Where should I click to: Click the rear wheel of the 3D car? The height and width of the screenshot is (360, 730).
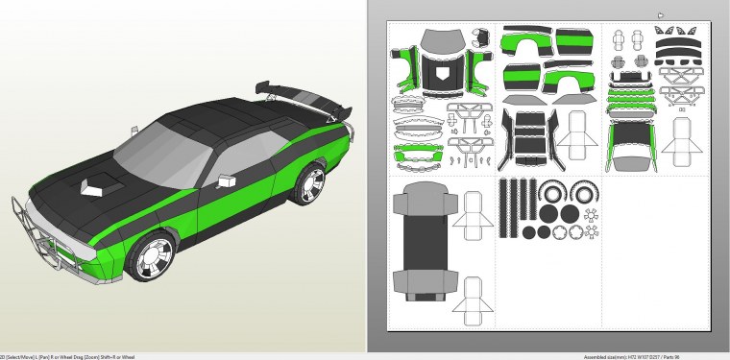310,183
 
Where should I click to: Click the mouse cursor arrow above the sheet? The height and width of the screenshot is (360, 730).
661,15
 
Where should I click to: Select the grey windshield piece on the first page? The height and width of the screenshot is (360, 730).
441,40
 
